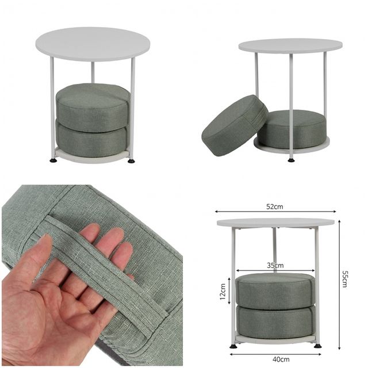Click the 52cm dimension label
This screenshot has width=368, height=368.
[275, 206]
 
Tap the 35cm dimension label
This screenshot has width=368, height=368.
[275, 266]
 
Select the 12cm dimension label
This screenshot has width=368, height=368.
[223, 292]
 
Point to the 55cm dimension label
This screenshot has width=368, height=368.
[345, 279]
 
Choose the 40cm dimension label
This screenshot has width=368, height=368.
[281, 359]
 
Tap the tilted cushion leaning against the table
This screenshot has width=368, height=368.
[235, 125]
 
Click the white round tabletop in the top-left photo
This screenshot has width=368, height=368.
[93, 44]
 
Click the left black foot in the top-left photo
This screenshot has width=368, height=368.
[53, 160]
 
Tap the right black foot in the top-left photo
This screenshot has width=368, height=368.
[131, 161]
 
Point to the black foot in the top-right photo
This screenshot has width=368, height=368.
[292, 160]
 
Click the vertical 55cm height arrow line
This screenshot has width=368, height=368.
[339, 285]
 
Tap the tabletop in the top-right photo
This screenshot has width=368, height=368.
[290, 46]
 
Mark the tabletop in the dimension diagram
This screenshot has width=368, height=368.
[275, 223]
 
